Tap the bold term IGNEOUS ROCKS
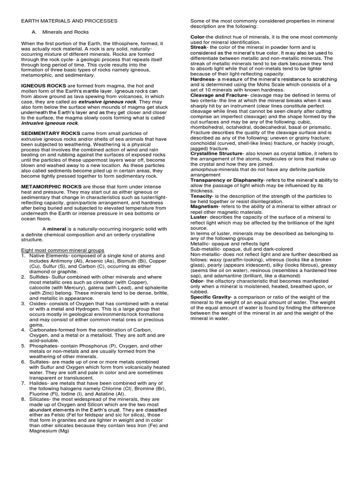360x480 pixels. (40, 85)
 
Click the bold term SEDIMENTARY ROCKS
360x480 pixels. (48, 133)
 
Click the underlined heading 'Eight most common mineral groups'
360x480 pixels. (63, 250)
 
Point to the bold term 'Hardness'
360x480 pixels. (202, 79)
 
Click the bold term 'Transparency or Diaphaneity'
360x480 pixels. (227, 180)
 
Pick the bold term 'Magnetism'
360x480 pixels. (204, 206)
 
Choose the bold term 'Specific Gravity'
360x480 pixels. (210, 297)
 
